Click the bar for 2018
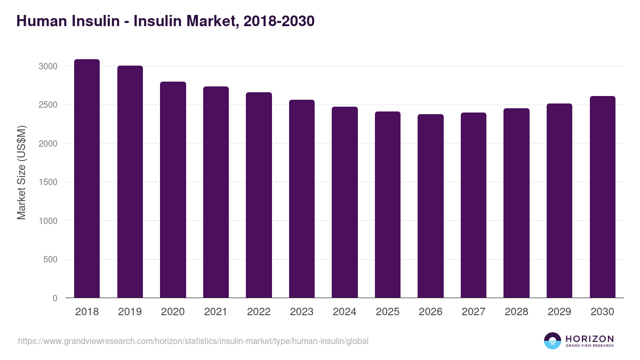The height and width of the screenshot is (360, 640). point(87,179)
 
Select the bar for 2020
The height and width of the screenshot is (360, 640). point(173,190)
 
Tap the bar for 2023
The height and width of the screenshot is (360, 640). point(302,199)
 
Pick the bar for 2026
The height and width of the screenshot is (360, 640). point(430,206)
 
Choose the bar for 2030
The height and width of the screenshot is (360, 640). point(602,197)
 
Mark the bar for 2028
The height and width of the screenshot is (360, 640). point(516,203)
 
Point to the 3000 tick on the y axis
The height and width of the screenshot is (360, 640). point(47,66)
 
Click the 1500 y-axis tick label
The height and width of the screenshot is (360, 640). point(47,182)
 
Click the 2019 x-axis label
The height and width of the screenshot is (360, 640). point(130,312)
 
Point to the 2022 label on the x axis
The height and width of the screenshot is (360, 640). point(259,312)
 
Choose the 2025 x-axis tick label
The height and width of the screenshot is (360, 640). point(388,312)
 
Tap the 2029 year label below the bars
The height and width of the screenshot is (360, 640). point(559,312)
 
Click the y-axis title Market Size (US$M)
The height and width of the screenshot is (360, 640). point(21,172)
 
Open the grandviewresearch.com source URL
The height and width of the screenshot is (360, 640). point(193,341)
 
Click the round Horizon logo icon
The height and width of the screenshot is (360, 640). point(553,341)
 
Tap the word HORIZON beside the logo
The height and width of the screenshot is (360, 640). point(589,339)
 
